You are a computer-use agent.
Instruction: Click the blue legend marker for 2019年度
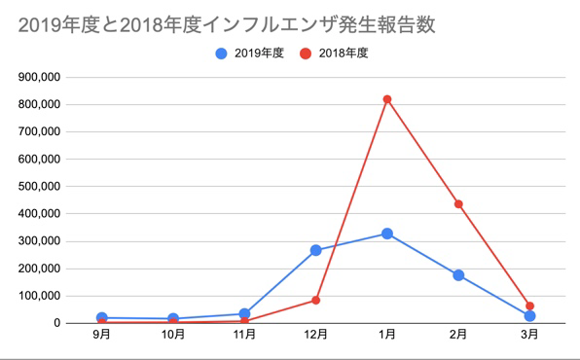pos(222,54)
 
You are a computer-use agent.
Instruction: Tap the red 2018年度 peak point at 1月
pos(387,99)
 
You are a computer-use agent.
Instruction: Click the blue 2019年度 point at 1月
pos(387,234)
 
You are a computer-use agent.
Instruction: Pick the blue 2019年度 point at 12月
pos(316,250)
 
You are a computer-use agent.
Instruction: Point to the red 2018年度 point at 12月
pos(316,300)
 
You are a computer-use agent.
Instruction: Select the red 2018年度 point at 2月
pos(458,204)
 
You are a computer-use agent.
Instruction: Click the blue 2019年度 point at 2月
pos(458,275)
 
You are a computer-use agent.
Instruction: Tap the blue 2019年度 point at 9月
pos(102,317)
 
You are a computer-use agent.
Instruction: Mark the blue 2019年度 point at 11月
pos(245,313)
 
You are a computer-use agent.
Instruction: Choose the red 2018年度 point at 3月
pos(529,306)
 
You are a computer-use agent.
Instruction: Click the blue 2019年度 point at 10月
pos(173,318)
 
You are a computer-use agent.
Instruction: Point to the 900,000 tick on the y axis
pos(40,77)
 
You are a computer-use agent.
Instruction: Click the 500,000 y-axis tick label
pos(40,187)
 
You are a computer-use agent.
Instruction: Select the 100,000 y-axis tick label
pos(40,296)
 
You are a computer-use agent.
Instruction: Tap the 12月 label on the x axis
pos(316,336)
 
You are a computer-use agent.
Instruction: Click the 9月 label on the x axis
pos(102,336)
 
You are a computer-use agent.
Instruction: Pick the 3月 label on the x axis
pos(529,336)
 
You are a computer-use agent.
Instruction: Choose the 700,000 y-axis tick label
pos(40,131)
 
